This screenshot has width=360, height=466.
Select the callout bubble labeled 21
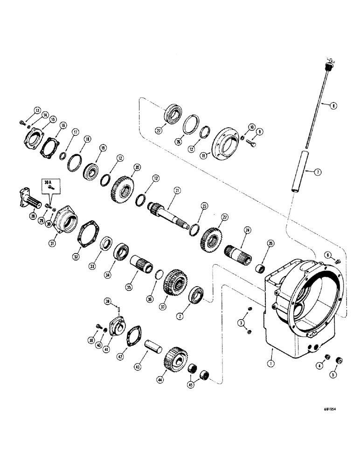coord(177,190)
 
